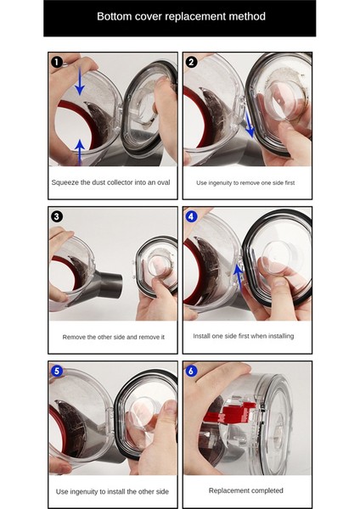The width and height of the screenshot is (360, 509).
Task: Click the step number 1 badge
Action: click(x=57, y=62)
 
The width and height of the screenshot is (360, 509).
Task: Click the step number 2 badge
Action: click(x=191, y=62)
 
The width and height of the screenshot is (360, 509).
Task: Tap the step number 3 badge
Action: click(x=57, y=216)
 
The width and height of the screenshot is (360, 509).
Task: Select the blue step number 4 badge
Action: click(x=191, y=216)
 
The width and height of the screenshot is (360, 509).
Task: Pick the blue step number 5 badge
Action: click(x=57, y=371)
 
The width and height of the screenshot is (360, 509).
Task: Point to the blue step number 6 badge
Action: click(x=191, y=371)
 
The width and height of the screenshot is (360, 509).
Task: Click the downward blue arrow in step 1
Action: click(x=80, y=81)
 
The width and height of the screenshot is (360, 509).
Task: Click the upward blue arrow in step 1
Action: click(x=80, y=152)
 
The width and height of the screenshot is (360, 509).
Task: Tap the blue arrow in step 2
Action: click(x=250, y=123)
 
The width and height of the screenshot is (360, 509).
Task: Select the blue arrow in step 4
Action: click(x=239, y=277)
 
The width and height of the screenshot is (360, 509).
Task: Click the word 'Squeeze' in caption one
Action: click(x=65, y=182)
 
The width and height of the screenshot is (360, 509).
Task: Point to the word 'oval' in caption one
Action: click(x=163, y=182)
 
